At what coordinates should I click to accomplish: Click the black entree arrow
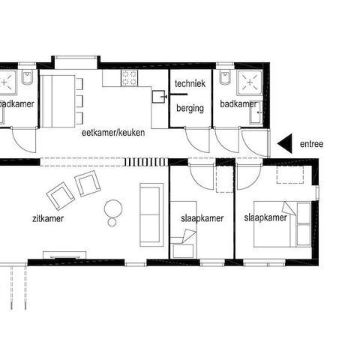tap(286, 143)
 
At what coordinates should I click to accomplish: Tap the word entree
tap(311, 144)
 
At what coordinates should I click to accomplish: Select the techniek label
tap(190, 83)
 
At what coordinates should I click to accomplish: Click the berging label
tap(190, 108)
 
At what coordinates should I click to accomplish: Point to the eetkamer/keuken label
tap(113, 133)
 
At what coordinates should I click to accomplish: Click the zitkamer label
tap(48, 218)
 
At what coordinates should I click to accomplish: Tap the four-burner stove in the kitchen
tap(130, 78)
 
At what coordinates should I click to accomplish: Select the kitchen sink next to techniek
tap(159, 97)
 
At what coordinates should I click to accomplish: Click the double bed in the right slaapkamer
tap(283, 224)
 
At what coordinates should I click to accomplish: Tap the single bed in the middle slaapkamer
tap(183, 229)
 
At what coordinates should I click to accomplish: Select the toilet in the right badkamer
tap(225, 76)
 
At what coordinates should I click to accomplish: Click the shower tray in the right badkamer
tap(250, 82)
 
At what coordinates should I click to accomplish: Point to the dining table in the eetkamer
tap(58, 101)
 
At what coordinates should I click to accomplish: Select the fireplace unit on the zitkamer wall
tap(64, 255)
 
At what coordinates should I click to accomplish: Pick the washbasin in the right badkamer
tap(256, 112)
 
